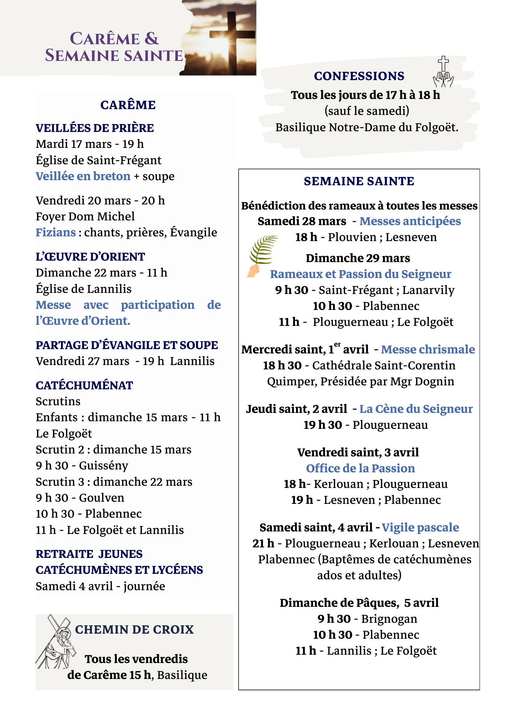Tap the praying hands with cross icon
(x=443, y=72)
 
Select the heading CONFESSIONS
(x=359, y=76)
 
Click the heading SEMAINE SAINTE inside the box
(x=359, y=181)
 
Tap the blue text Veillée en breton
(x=83, y=176)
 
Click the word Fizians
(x=56, y=232)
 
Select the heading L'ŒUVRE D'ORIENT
(x=90, y=257)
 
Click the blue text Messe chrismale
(x=428, y=349)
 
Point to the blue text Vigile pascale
(x=420, y=527)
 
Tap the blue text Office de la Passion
(x=360, y=468)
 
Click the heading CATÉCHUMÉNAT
(x=84, y=385)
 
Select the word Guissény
(x=103, y=466)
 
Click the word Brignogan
(x=389, y=619)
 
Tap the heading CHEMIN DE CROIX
(x=134, y=630)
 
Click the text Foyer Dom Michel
(x=85, y=216)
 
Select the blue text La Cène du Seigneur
(x=416, y=409)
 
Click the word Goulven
(x=102, y=498)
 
